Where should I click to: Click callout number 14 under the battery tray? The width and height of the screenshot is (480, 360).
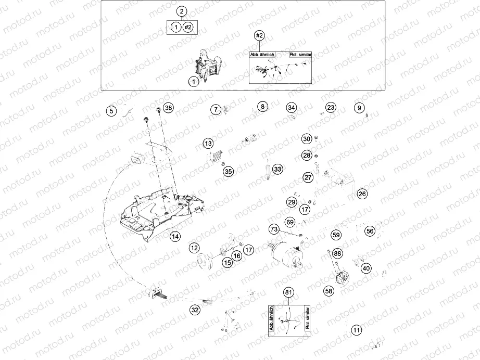click(x=175, y=236)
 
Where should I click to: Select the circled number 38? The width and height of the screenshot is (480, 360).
click(x=168, y=108)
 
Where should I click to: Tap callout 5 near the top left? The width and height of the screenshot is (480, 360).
click(x=111, y=110)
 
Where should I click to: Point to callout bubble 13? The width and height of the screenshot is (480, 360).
click(x=208, y=143)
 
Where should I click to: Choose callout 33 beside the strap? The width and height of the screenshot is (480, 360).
click(x=277, y=170)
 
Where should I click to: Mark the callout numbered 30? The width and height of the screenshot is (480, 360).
click(x=307, y=138)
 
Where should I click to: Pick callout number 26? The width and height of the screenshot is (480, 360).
click(x=362, y=194)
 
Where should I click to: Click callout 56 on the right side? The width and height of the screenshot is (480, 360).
click(x=370, y=231)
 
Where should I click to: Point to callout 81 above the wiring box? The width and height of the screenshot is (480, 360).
click(x=288, y=292)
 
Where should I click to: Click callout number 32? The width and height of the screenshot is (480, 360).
click(x=194, y=310)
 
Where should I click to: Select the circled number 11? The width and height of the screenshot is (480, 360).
click(x=356, y=330)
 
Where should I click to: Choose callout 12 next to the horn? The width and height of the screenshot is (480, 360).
click(x=194, y=248)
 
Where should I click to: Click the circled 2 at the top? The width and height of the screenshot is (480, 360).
click(x=182, y=11)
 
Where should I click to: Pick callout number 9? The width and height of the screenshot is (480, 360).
click(x=359, y=108)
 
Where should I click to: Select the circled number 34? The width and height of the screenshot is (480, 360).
click(x=292, y=108)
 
